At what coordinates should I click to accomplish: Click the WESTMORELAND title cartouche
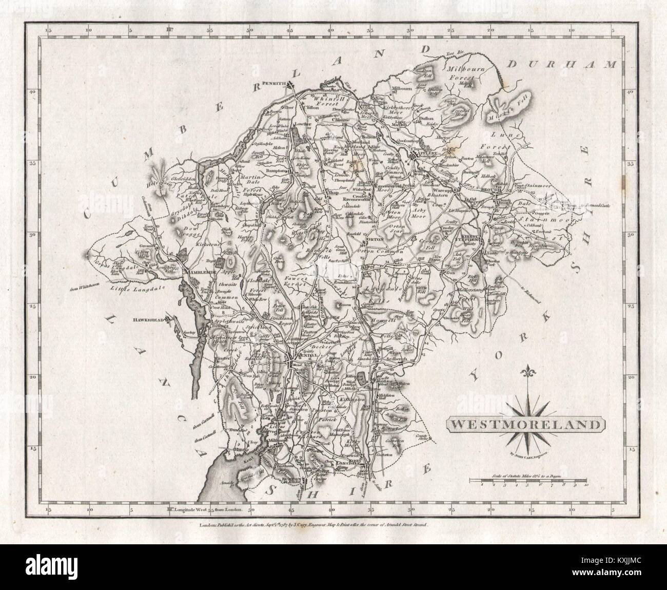pos(523,425)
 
